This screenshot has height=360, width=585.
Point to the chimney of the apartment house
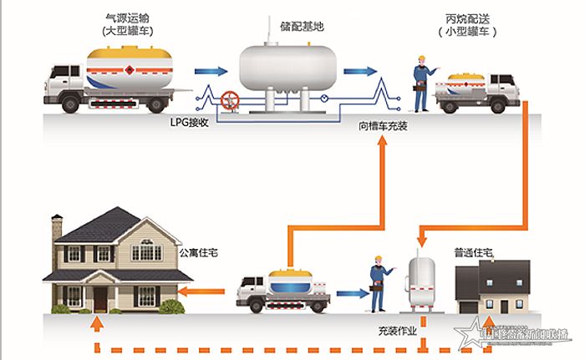point(57,226)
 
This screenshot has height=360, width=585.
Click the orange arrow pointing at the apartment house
point(204,292)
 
